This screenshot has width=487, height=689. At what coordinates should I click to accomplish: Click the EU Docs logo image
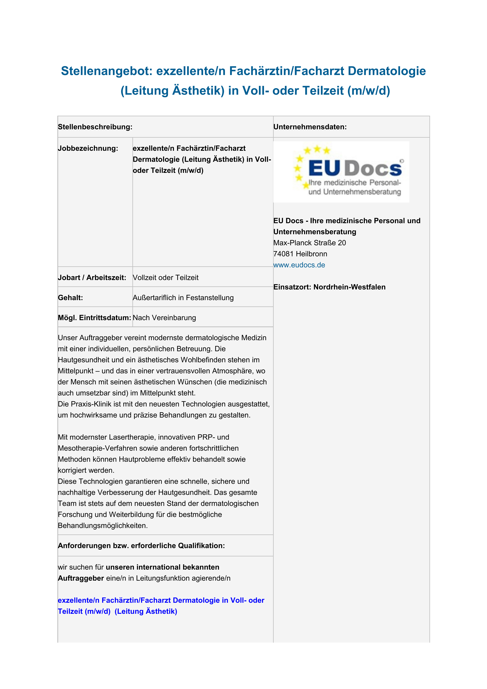coord(341,172)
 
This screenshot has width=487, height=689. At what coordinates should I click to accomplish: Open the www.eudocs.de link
coord(299,265)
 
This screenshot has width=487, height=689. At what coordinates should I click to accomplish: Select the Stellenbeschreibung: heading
coord(95,127)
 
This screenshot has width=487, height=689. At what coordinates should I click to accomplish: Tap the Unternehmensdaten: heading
coord(310,127)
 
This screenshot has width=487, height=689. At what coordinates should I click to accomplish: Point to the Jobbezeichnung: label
coord(88,148)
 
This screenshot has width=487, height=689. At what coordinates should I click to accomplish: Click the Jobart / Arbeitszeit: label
coord(92,278)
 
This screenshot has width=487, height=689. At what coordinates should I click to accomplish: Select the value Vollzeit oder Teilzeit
coord(166,278)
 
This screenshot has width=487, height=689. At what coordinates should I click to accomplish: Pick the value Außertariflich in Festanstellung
coord(183,298)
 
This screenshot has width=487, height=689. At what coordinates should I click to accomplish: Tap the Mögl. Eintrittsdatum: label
coord(94,318)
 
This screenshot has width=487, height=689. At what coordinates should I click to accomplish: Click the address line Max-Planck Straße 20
coord(310,243)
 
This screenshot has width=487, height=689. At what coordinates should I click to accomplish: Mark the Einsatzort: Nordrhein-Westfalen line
coord(329,287)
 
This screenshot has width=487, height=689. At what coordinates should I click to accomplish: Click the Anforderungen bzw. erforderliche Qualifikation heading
coord(141,546)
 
